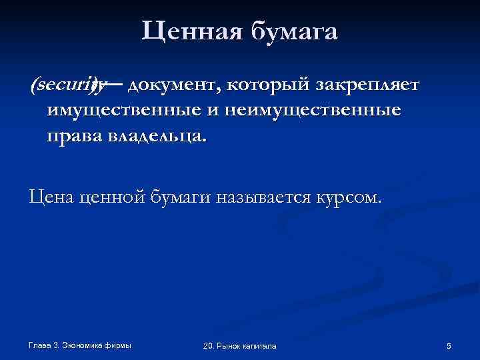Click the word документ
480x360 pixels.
[x=173, y=85]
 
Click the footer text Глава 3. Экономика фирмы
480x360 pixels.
[x=79, y=345]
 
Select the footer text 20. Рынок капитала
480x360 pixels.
[x=239, y=346]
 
